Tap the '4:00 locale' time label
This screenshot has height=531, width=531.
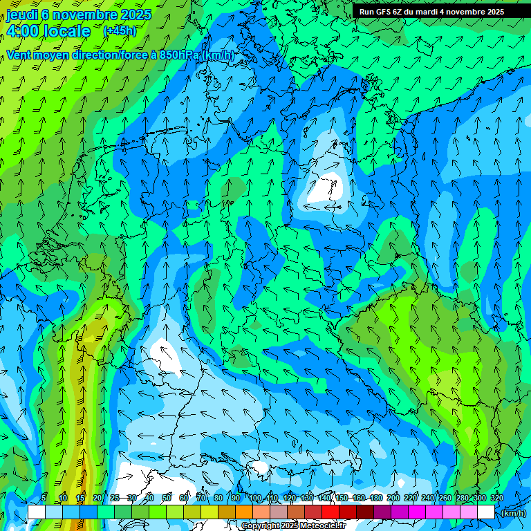(48, 31)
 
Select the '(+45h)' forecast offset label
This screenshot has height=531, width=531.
(120, 31)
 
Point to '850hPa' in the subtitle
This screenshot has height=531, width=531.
(178, 55)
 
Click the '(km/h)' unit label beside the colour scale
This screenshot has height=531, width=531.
(512, 512)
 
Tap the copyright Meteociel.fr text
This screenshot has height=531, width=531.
(292, 526)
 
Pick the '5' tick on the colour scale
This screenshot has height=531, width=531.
(44, 498)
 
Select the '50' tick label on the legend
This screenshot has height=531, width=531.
(166, 498)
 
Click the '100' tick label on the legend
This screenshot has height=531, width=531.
(255, 498)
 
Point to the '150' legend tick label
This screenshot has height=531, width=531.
(342, 498)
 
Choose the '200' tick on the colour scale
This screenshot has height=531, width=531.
(393, 498)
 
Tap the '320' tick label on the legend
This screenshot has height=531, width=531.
(496, 498)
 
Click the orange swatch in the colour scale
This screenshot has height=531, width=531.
(243, 512)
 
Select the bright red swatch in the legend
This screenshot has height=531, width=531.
(330, 512)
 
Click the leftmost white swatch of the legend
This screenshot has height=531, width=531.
(36, 512)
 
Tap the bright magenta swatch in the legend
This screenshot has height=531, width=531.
(416, 512)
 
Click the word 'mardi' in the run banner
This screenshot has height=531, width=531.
(425, 12)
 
